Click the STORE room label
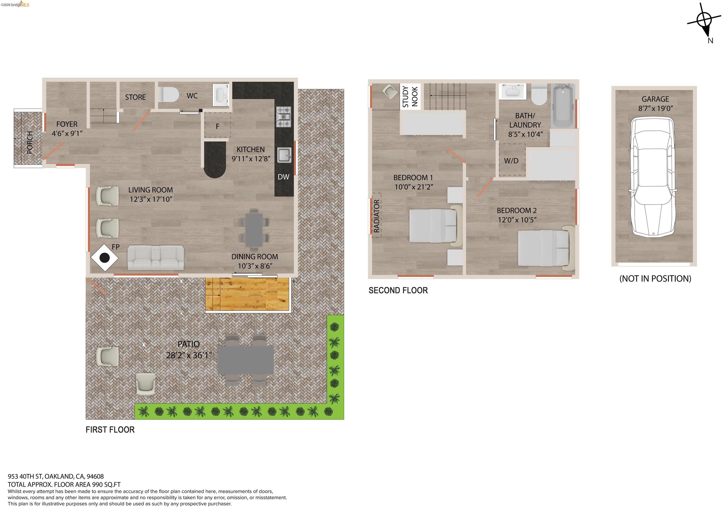(x=135, y=97)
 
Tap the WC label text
(x=192, y=95)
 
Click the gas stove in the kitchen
(x=284, y=117)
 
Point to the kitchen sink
(x=284, y=155)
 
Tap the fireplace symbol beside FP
(x=105, y=258)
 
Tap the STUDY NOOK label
(x=410, y=97)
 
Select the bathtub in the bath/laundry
(x=562, y=105)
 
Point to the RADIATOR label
(x=376, y=216)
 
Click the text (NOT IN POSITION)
(x=655, y=279)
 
